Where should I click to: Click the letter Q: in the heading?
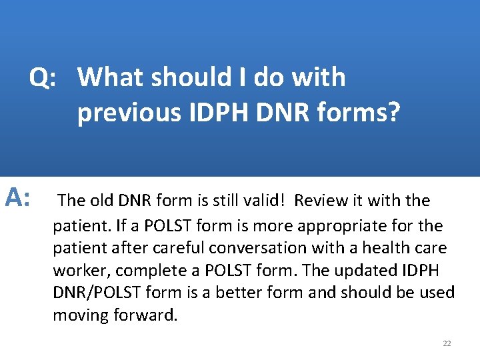[x=42, y=79]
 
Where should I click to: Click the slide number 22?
[x=447, y=343]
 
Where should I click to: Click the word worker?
[x=76, y=271]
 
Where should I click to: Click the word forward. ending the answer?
[x=144, y=315]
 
